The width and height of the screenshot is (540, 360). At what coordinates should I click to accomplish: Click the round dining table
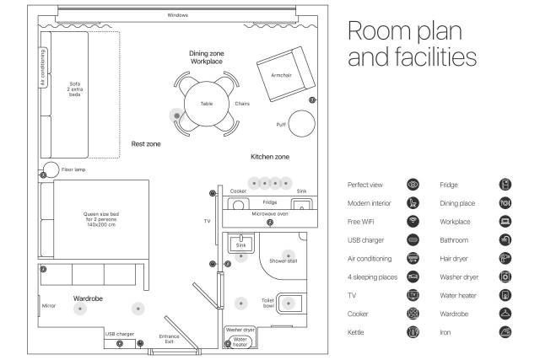pos(206,104)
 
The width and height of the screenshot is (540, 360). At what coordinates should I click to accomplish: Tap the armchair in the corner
pos(286,74)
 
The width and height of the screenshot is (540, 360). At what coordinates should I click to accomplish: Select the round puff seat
pos(302,123)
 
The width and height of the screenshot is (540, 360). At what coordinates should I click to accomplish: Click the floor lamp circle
pos(51,169)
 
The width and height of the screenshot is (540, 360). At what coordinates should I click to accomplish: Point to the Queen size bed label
pos(101,219)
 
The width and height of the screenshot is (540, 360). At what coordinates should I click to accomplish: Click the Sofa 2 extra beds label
pos(75,89)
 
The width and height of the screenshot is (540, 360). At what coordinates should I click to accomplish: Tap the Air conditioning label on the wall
pos(43,67)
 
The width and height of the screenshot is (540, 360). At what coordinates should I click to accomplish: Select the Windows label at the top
pos(178,15)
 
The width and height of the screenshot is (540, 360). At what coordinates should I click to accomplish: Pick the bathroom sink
pos(240,243)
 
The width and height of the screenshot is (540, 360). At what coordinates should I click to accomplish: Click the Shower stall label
pos(283,261)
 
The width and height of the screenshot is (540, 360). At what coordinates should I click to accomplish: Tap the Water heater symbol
pos(240,341)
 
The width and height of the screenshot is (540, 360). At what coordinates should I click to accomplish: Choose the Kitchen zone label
pos(270,157)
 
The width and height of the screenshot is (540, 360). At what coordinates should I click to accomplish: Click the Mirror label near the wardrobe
pos(49,306)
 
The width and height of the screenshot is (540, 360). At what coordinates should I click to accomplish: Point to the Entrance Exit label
pos(169,339)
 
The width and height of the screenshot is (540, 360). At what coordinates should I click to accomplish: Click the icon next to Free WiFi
pos(413,221)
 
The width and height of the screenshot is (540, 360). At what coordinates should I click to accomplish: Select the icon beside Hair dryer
pos(505,259)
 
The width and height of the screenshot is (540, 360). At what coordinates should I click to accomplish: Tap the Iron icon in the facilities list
pos(505,332)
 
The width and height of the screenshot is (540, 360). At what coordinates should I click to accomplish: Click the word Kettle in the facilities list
pos(355,332)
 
